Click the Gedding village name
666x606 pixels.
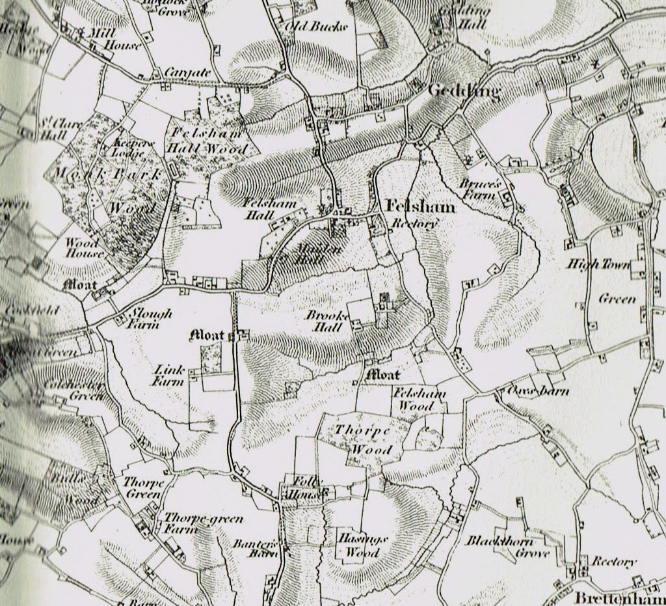[464, 92]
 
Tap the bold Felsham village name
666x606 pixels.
[420, 206]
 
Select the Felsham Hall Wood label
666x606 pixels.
[207, 141]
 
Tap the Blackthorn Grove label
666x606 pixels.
[508, 547]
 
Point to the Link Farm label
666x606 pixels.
[168, 376]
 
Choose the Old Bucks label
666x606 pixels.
[317, 26]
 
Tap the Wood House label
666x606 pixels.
[83, 247]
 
